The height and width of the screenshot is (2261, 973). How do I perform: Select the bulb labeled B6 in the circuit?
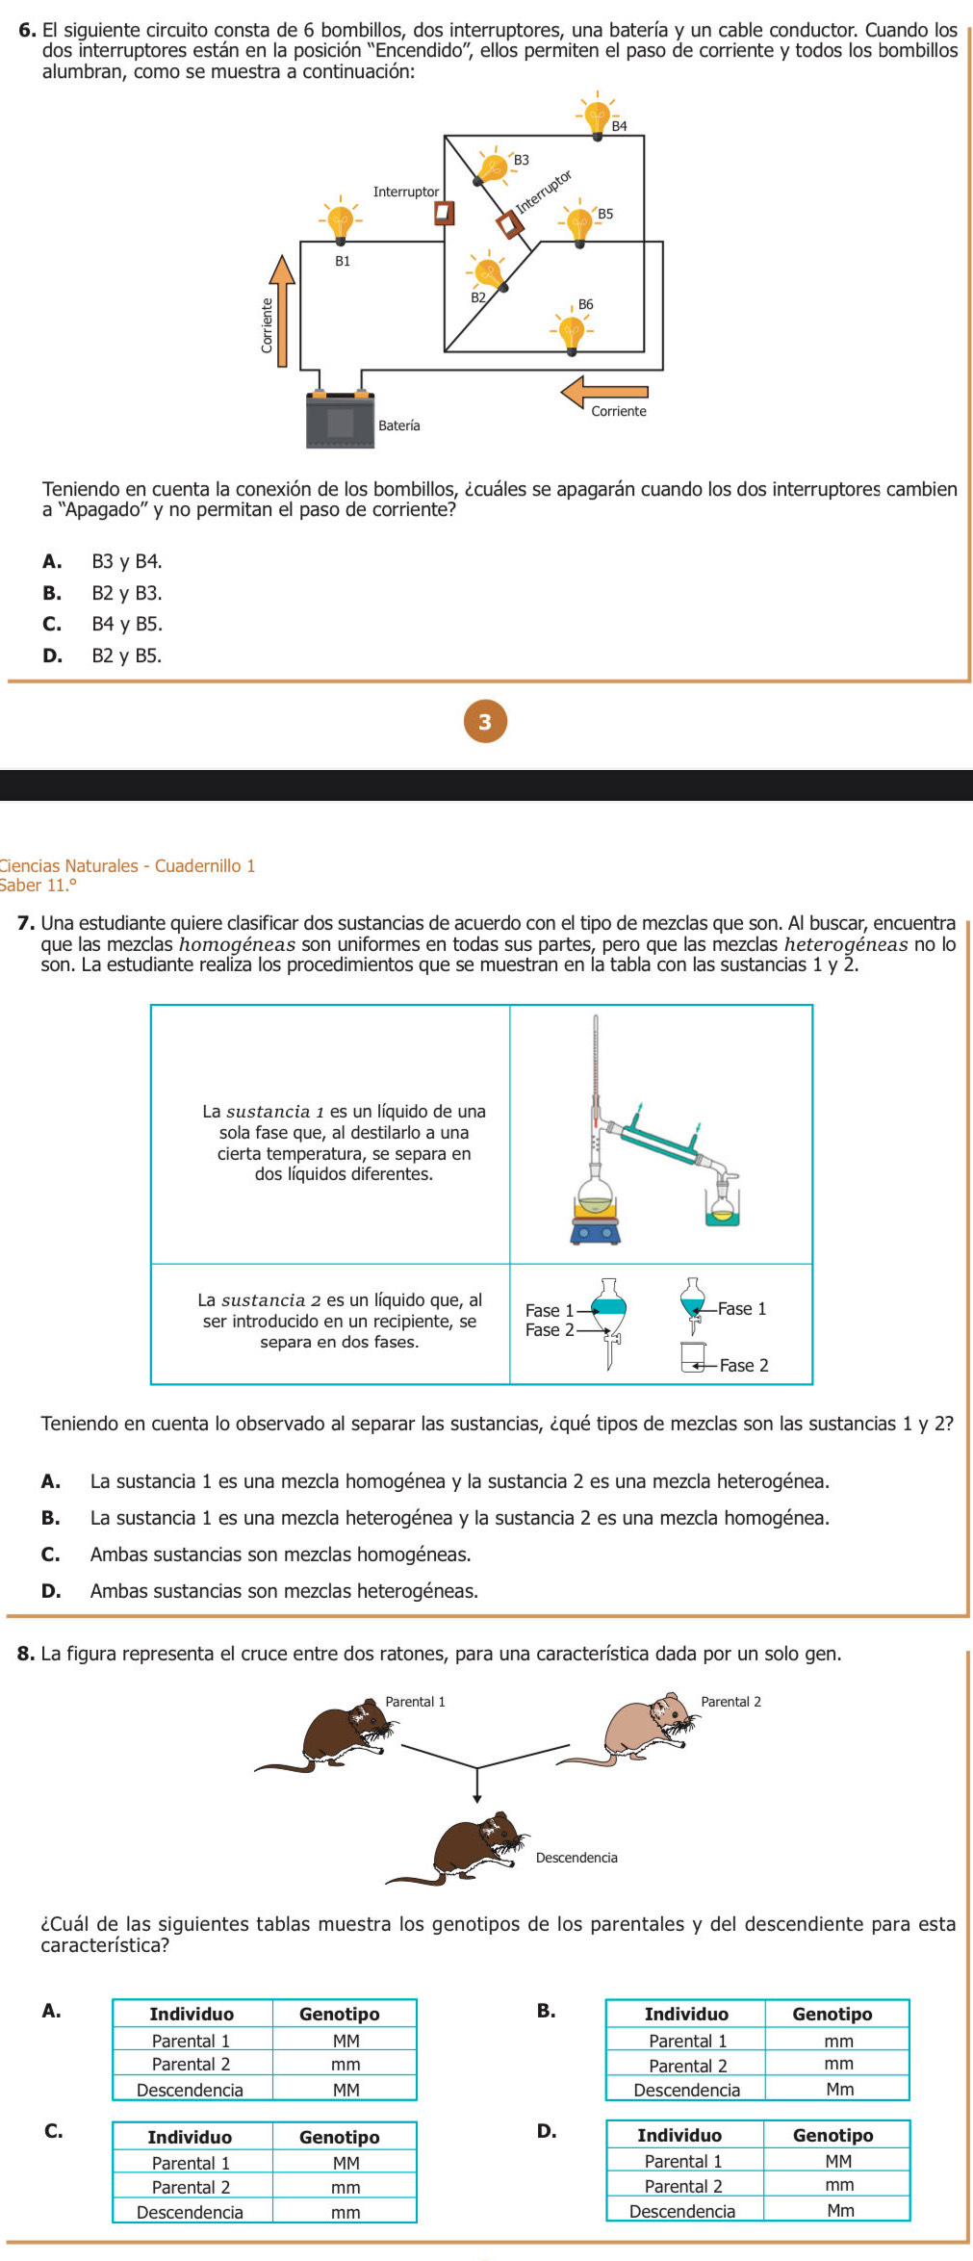click(x=572, y=331)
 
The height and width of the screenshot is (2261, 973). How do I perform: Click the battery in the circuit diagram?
click(x=340, y=420)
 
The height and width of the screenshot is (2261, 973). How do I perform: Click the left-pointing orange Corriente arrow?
click(x=604, y=392)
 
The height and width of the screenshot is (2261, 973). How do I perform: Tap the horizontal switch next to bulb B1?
click(x=444, y=211)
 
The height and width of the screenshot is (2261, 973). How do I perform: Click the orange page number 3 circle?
click(x=485, y=721)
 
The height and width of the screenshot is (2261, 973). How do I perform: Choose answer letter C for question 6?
click(x=52, y=624)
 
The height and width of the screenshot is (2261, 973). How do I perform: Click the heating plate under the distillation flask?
click(x=596, y=1230)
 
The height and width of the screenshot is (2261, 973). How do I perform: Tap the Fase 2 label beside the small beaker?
click(x=743, y=1365)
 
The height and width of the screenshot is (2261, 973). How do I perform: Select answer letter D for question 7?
click(x=51, y=1591)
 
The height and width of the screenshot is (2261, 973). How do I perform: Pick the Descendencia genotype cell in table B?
click(x=838, y=2089)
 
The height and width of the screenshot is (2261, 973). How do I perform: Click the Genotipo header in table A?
click(x=339, y=2014)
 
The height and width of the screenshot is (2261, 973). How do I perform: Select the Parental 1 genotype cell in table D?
click(x=838, y=2160)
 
